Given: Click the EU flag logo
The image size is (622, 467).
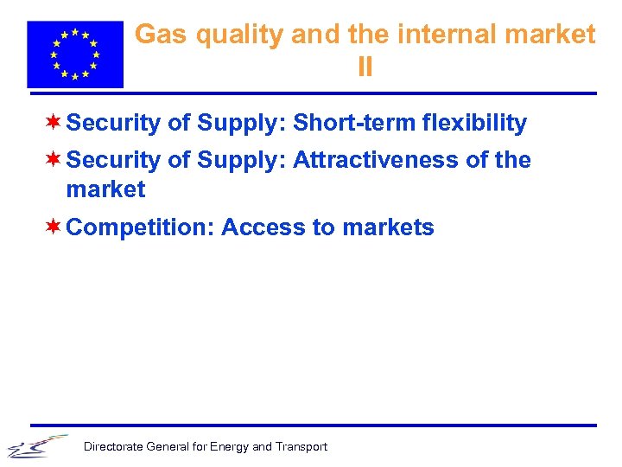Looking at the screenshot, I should coord(75,54).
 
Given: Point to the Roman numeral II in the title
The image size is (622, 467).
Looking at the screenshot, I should coord(365,67).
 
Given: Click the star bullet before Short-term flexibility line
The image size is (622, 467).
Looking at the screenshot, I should coord(54,122).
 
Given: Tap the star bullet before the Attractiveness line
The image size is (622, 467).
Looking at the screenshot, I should coord(54,159).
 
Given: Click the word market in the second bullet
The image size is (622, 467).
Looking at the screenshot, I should coord(105,189).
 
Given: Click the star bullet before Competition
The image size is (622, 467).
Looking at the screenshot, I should coord(54,227).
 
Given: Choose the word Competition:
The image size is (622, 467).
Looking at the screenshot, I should coord(140,228).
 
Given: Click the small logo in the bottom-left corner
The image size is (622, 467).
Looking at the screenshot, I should coord(36,446).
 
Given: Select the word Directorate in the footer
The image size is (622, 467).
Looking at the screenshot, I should coord(113,447).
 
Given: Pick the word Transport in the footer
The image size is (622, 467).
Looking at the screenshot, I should coord(301,447).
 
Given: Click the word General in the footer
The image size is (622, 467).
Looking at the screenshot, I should coord(168,447).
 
